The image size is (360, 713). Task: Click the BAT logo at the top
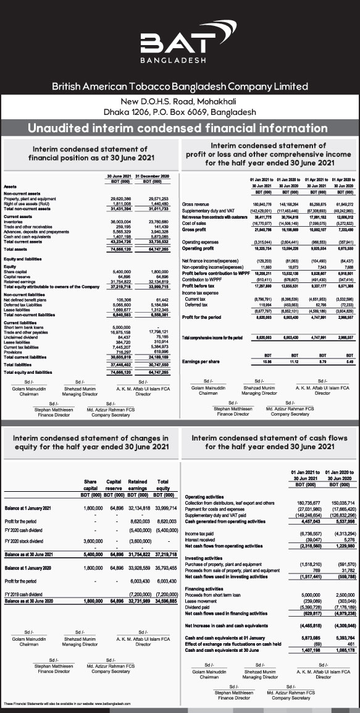[x=180, y=45]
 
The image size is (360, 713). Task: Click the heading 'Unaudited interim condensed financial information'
[x=180, y=128]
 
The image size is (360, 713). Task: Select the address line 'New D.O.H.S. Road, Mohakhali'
[x=180, y=101]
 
